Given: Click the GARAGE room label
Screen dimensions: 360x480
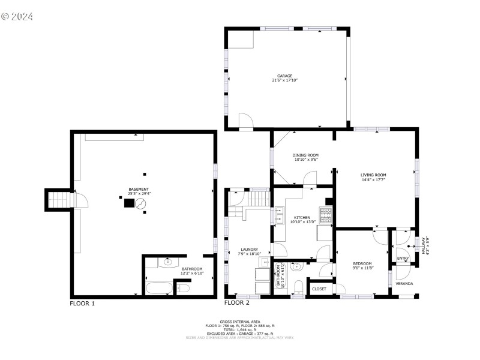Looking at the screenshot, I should (x=284, y=76).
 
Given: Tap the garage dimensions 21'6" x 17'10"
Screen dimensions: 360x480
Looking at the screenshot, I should (x=284, y=80).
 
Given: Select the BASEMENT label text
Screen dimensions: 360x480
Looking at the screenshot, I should (x=139, y=189).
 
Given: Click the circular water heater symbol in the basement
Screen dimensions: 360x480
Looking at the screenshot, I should (x=140, y=204).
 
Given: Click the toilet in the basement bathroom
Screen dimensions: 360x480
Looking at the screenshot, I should (x=184, y=289).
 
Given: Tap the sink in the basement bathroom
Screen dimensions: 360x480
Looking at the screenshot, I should (x=167, y=262).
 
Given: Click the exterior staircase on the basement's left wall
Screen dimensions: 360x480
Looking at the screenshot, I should (x=59, y=199).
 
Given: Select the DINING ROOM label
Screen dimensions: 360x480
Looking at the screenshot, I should (x=306, y=155).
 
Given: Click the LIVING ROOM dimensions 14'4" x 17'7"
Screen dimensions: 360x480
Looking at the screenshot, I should (x=373, y=179).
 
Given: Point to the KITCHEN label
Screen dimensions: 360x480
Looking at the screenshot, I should (x=302, y=217).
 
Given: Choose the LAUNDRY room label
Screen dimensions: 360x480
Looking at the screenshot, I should (x=249, y=249).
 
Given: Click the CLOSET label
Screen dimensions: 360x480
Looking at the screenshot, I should (x=319, y=289).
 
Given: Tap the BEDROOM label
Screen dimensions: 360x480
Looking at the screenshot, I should (x=362, y=263).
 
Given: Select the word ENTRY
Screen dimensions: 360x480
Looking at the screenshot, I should (x=403, y=259).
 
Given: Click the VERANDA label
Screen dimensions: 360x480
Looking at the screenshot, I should (x=404, y=283).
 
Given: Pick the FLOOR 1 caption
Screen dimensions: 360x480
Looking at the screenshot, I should (x=82, y=304).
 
